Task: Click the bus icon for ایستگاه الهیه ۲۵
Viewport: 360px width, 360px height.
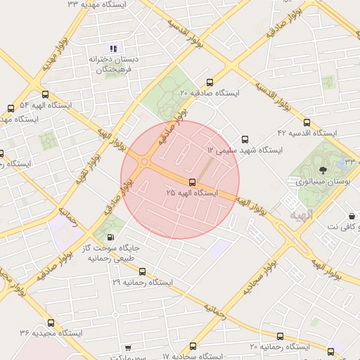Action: pyautogui.click(x=193, y=183)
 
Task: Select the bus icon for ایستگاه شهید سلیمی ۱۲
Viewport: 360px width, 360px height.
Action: pyautogui.click(x=245, y=139)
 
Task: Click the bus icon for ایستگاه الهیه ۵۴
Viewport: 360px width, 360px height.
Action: pyautogui.click(x=46, y=95)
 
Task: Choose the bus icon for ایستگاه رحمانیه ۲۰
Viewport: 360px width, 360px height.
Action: pyautogui.click(x=280, y=336)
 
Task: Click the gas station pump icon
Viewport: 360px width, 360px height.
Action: pyautogui.click(x=110, y=238)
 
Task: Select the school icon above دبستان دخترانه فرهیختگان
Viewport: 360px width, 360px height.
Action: pyautogui.click(x=112, y=48)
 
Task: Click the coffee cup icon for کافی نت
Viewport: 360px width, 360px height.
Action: pyautogui.click(x=351, y=216)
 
